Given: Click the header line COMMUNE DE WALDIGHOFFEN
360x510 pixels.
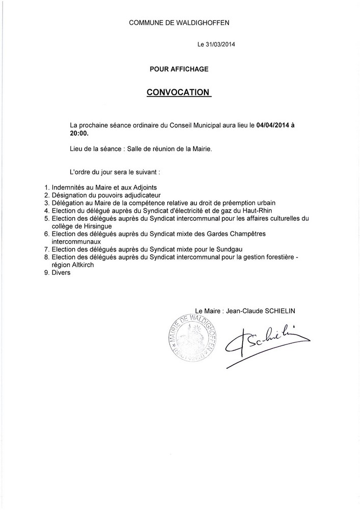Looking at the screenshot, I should click(x=179, y=22).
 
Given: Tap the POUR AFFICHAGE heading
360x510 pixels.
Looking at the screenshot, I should click(x=179, y=68).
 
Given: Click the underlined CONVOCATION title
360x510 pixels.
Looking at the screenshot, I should click(x=178, y=92).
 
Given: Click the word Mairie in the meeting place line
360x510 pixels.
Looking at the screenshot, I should click(x=199, y=149).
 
